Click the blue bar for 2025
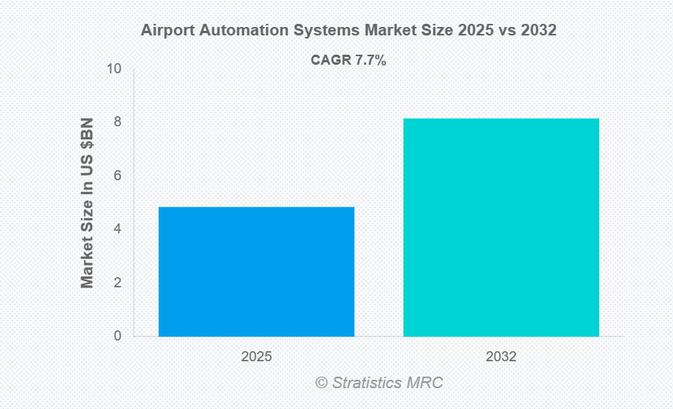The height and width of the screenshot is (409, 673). [x=256, y=271]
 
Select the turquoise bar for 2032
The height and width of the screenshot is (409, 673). [x=501, y=227]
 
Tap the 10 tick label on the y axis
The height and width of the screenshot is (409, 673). [x=115, y=69]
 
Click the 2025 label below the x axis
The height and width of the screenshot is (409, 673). [x=256, y=357]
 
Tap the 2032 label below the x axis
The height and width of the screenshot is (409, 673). [x=501, y=357]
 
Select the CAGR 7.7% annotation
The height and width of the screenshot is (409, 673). [x=348, y=60]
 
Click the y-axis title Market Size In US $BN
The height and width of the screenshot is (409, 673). [x=87, y=203]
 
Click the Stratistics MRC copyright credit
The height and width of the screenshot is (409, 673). [x=379, y=383]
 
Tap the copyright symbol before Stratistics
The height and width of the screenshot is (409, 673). [x=321, y=383]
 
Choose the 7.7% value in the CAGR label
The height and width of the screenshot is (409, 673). [x=370, y=60]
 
